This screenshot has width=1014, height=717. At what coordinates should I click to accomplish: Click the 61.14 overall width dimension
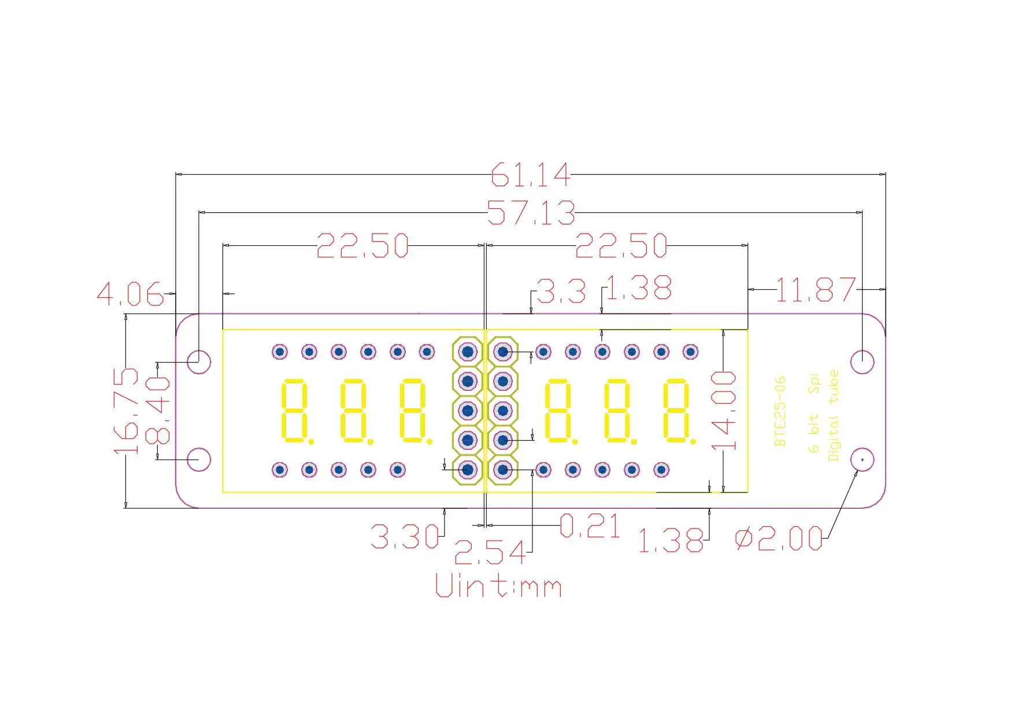tap(530, 175)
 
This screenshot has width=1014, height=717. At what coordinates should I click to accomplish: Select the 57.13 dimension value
tap(531, 212)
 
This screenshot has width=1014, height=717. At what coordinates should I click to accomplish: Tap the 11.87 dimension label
tap(815, 290)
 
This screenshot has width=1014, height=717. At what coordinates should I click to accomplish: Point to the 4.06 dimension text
tap(131, 294)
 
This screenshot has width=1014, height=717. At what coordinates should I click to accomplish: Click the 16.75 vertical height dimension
tap(127, 411)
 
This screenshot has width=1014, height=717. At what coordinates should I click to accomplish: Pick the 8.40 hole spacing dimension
tap(158, 411)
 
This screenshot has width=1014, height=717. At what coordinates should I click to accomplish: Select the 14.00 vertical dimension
tap(724, 411)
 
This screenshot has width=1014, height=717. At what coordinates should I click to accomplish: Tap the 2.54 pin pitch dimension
tap(490, 553)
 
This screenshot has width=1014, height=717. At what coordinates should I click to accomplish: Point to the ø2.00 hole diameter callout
tap(779, 539)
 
